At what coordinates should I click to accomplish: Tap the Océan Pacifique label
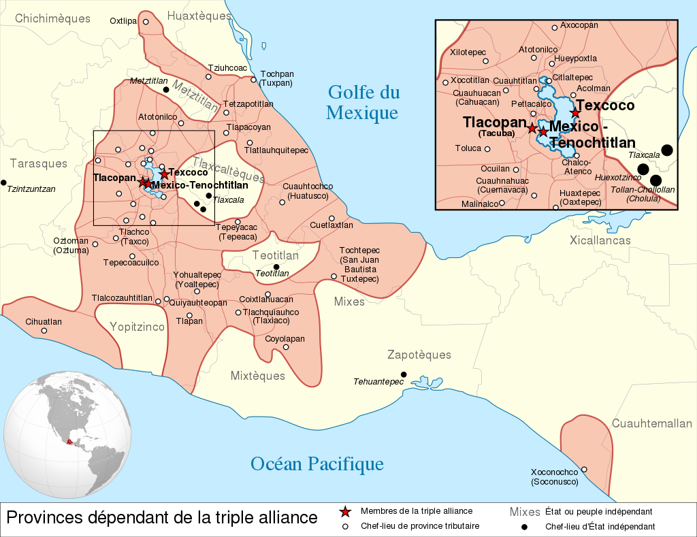click(317, 464)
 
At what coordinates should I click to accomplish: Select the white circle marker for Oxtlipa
click(146, 22)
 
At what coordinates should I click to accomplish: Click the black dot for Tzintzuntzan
click(4, 182)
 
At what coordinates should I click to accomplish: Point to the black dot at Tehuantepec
click(404, 374)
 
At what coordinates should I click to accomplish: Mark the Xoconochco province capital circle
click(584, 469)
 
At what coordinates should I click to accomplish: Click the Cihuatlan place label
click(44, 322)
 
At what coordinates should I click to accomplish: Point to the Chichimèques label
click(52, 18)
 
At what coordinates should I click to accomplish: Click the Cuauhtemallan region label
click(651, 423)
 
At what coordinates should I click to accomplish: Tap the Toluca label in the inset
click(468, 148)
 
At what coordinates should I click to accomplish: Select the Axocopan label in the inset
click(579, 25)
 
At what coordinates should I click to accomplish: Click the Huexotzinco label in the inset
click(617, 178)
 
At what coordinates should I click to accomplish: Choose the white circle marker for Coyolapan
click(286, 347)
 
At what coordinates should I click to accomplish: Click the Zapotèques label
click(419, 355)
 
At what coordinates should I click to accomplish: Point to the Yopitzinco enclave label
click(137, 327)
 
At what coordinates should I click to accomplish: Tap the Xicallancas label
click(600, 240)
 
